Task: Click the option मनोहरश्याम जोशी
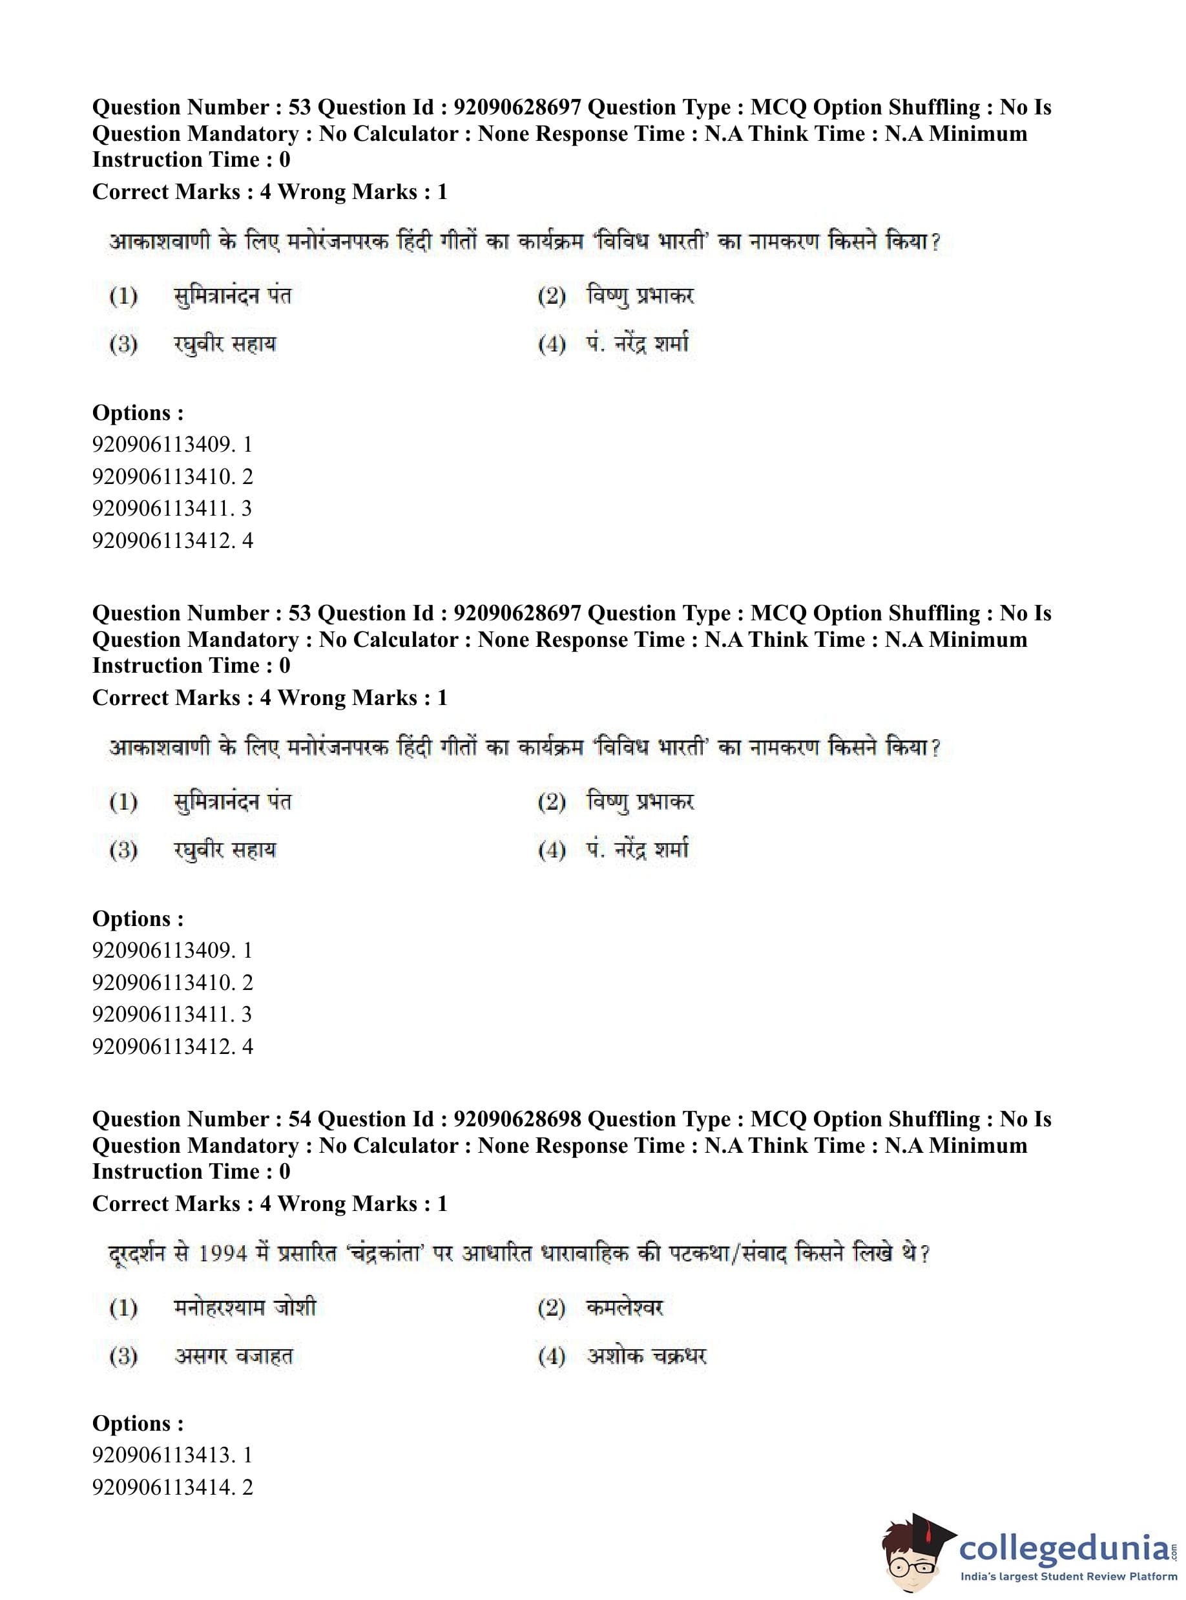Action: (x=244, y=1308)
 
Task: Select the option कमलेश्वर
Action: (x=624, y=1308)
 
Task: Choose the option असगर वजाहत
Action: (x=233, y=1356)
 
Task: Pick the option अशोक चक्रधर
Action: (x=646, y=1356)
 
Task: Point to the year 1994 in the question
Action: (x=224, y=1254)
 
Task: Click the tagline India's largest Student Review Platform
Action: (x=1069, y=1576)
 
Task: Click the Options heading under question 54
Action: (x=137, y=1424)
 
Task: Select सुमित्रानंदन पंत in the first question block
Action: (x=233, y=296)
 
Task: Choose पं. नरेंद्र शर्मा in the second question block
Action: (x=637, y=850)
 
